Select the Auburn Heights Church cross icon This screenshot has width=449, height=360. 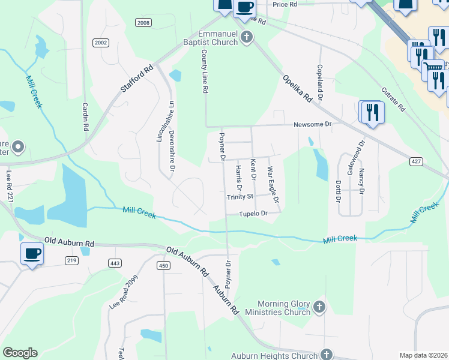coord(327,355)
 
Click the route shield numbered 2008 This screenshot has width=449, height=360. coord(143,23)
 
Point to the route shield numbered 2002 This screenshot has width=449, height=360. coord(101,43)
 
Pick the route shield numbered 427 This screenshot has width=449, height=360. coord(417,161)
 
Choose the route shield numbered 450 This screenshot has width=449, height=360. coord(163,265)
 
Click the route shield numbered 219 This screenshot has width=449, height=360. coord(71,260)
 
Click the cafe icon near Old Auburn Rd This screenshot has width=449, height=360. coord(32,253)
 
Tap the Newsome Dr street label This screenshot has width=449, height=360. coord(312,125)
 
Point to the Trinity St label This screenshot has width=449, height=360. coord(240,196)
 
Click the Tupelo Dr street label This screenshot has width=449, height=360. coord(252,214)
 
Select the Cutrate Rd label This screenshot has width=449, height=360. coord(394,100)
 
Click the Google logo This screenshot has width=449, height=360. coord(20,353)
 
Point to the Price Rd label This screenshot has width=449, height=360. coord(285,4)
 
